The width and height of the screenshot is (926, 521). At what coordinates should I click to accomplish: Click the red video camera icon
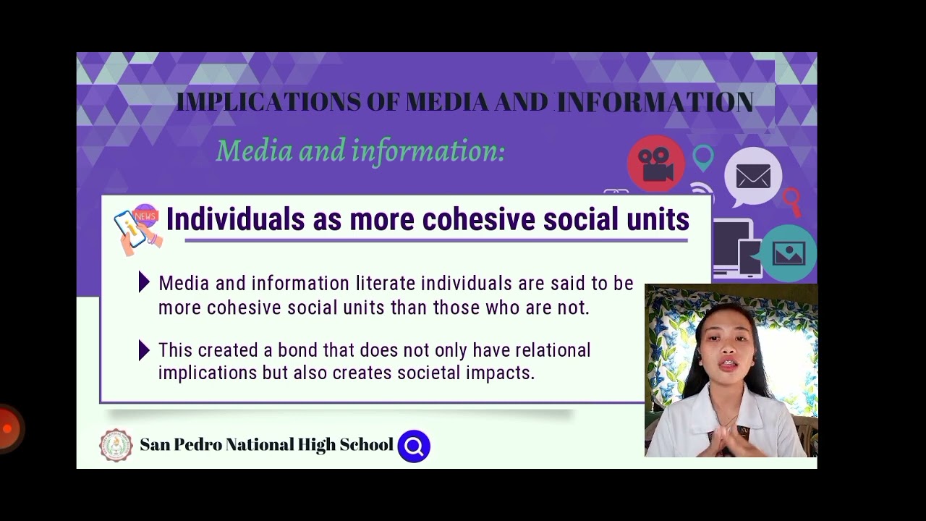655,164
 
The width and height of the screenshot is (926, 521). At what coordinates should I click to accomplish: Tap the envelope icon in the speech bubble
753,176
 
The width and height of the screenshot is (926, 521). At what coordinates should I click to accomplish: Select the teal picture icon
788,253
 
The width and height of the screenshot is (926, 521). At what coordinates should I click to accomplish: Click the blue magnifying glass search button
414,446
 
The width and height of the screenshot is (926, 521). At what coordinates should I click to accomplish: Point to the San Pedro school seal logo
116,445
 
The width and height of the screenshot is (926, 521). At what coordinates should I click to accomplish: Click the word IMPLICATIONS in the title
268,102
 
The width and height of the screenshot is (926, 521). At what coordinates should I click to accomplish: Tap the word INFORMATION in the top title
655,102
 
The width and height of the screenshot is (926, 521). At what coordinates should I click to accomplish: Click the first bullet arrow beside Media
144,282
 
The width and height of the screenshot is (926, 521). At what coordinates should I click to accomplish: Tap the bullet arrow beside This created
144,350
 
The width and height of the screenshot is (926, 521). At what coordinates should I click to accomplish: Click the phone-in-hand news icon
137,229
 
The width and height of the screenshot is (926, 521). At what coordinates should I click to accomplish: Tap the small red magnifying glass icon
791,200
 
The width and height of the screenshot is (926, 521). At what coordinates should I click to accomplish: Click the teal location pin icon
702,157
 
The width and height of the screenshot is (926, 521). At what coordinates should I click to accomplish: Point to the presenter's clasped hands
727,439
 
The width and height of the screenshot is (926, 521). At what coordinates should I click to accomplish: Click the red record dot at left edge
7,428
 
